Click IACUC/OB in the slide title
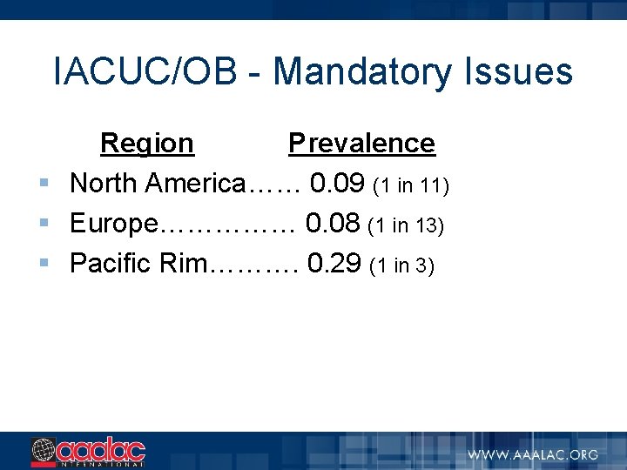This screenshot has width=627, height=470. (145, 71)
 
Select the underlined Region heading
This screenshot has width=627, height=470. (147, 143)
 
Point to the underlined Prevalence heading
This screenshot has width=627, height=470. (361, 143)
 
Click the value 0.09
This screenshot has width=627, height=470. (337, 184)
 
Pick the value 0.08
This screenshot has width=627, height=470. (333, 224)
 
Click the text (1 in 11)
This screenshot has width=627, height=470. (410, 185)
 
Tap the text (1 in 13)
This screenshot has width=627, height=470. (407, 225)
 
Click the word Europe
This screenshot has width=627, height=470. (112, 225)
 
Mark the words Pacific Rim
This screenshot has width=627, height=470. (136, 264)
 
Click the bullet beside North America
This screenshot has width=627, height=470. (44, 184)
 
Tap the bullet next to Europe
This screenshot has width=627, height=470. (44, 224)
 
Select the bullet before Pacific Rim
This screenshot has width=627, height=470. (44, 264)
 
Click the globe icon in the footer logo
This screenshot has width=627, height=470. (44, 451)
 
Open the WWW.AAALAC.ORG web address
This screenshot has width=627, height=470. (533, 454)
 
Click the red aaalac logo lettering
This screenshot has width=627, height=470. (101, 450)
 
